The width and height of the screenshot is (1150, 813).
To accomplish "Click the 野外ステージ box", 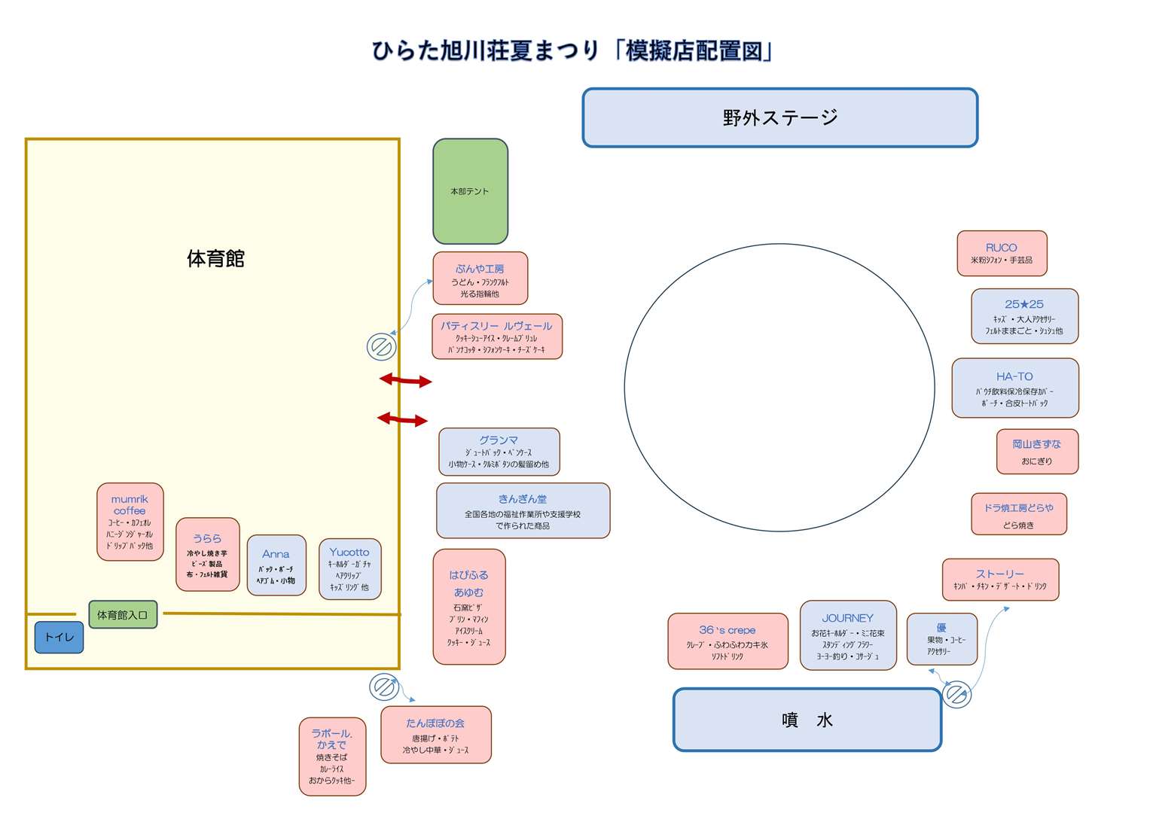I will pyautogui.click(x=779, y=117).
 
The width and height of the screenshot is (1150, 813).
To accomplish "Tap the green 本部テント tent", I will pyautogui.click(x=470, y=191).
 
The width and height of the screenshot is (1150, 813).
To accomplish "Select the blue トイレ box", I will pyautogui.click(x=59, y=637).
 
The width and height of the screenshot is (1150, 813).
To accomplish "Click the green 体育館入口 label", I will pyautogui.click(x=123, y=614).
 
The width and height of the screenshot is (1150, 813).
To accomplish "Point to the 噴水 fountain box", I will pyautogui.click(x=807, y=720).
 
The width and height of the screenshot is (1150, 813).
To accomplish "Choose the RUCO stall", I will pyautogui.click(x=1001, y=254).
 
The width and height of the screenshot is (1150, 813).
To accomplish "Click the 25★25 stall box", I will pyautogui.click(x=1024, y=316).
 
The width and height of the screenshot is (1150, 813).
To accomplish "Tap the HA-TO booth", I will pyautogui.click(x=1014, y=388).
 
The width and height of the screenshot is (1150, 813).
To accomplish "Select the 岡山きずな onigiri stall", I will pyautogui.click(x=1036, y=452).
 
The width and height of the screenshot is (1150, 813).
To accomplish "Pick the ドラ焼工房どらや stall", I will pyautogui.click(x=1018, y=514).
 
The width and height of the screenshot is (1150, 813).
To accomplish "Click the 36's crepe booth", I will pyautogui.click(x=727, y=641).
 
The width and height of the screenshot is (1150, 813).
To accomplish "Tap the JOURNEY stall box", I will pyautogui.click(x=847, y=635).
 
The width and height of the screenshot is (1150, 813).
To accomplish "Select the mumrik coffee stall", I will pyautogui.click(x=130, y=522).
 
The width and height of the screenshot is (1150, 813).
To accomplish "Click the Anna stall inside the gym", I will pyautogui.click(x=276, y=565).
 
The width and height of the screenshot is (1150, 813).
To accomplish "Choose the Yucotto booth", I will pyautogui.click(x=349, y=568).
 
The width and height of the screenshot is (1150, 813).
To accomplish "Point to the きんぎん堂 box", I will pyautogui.click(x=523, y=510).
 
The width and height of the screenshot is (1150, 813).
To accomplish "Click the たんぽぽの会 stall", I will pyautogui.click(x=435, y=735).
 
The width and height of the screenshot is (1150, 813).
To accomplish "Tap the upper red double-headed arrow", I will pyautogui.click(x=405, y=381).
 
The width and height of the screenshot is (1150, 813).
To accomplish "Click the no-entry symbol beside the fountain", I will pyautogui.click(x=956, y=694).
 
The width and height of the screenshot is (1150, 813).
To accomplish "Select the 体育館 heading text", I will pyautogui.click(x=215, y=259).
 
